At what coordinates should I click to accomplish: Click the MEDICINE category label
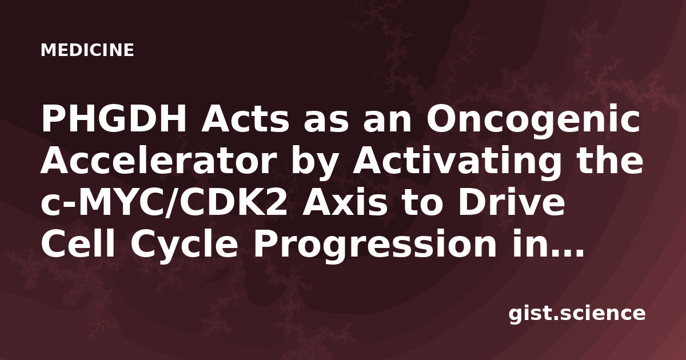[x=87, y=50]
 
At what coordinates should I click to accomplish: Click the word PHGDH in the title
[x=114, y=119]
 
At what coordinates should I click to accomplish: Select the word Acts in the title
[x=245, y=119]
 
